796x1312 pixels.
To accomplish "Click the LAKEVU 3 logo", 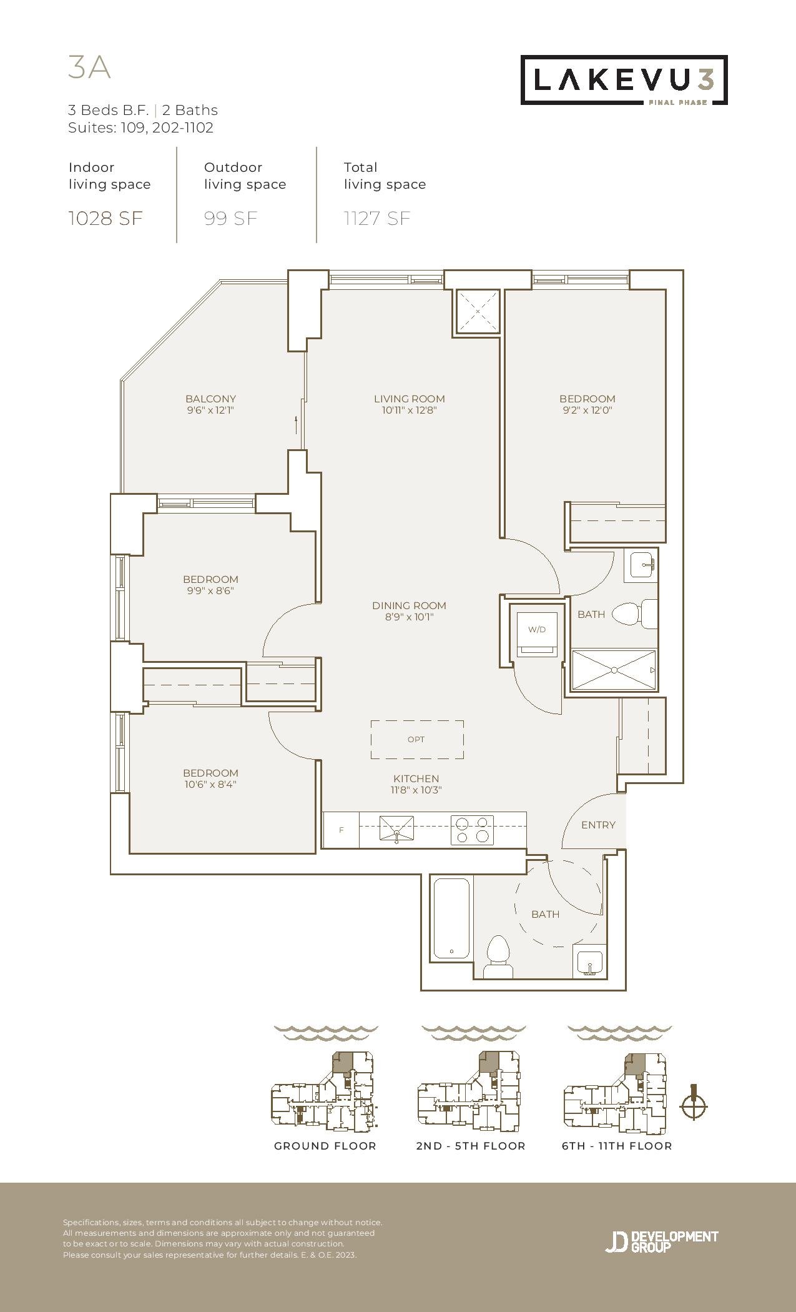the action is point(624,80).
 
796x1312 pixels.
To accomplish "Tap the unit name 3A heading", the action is point(89,67).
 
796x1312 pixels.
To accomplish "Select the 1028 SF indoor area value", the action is point(106,218).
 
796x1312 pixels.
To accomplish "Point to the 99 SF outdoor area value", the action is point(230,218).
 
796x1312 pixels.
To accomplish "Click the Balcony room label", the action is point(210,399).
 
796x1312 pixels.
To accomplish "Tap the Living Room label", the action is point(410,399).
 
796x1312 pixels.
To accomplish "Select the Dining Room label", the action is point(409,605).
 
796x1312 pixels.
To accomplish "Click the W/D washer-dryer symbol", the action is point(536,632).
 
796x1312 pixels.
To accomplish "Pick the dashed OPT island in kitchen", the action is point(417,740).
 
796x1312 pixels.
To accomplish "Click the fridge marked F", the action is point(341,830).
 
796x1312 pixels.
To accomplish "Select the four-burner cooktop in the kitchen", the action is point(472,830).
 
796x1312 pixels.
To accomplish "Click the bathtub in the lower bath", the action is point(451,918).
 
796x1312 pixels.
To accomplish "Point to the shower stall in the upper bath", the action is point(614,670).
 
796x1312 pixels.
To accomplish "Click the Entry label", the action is point(598,825).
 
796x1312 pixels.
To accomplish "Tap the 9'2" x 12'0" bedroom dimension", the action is point(587,410).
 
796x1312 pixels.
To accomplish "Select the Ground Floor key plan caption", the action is point(325,1146).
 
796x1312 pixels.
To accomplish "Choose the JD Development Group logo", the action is point(662,1241).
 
